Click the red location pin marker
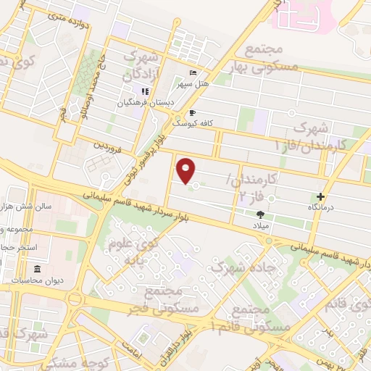187,170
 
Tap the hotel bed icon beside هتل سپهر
192,73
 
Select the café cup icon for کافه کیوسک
192,112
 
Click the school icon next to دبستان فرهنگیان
144,92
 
